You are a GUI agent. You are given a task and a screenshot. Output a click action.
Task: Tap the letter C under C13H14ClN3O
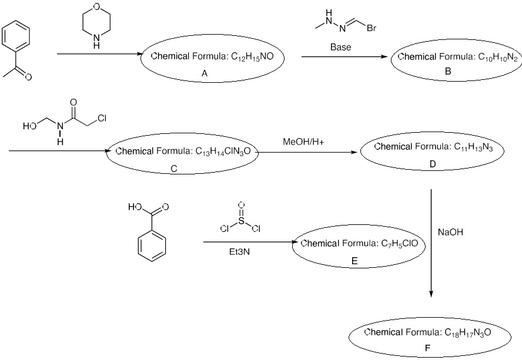point(173,169)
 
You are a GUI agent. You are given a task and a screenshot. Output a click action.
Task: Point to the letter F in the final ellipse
point(427,348)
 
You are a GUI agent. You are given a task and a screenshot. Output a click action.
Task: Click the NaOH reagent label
point(451,233)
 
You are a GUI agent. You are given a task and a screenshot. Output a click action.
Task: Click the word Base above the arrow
point(340,47)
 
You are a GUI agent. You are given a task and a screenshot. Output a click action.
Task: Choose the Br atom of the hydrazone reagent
point(372,28)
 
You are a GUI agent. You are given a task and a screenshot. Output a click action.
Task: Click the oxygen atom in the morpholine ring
point(96,8)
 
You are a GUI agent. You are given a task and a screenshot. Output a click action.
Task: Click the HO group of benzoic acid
point(134,207)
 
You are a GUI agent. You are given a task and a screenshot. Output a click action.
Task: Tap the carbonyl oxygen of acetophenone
point(28,77)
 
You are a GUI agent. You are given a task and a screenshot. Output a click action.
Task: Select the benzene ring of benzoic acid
point(152,244)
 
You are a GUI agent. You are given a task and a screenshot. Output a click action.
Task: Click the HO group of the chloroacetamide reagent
point(29,126)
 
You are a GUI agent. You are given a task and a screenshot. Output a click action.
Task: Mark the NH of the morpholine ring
point(96,43)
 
